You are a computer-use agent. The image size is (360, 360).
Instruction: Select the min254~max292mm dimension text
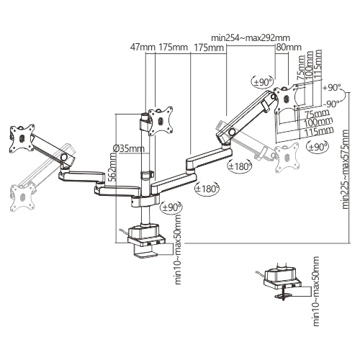[x=251, y=37]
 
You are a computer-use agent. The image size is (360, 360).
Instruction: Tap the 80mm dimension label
[x=289, y=47]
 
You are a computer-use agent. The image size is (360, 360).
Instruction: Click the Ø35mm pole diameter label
[x=129, y=148]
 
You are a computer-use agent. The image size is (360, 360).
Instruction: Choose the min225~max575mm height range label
[x=345, y=169]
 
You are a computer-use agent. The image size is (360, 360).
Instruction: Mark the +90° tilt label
[x=332, y=88]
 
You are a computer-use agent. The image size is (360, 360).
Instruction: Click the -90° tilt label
[x=330, y=104]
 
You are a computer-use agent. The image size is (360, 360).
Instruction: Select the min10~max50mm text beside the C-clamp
[x=178, y=250]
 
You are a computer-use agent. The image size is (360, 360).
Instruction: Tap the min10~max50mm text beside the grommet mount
[x=316, y=291]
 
